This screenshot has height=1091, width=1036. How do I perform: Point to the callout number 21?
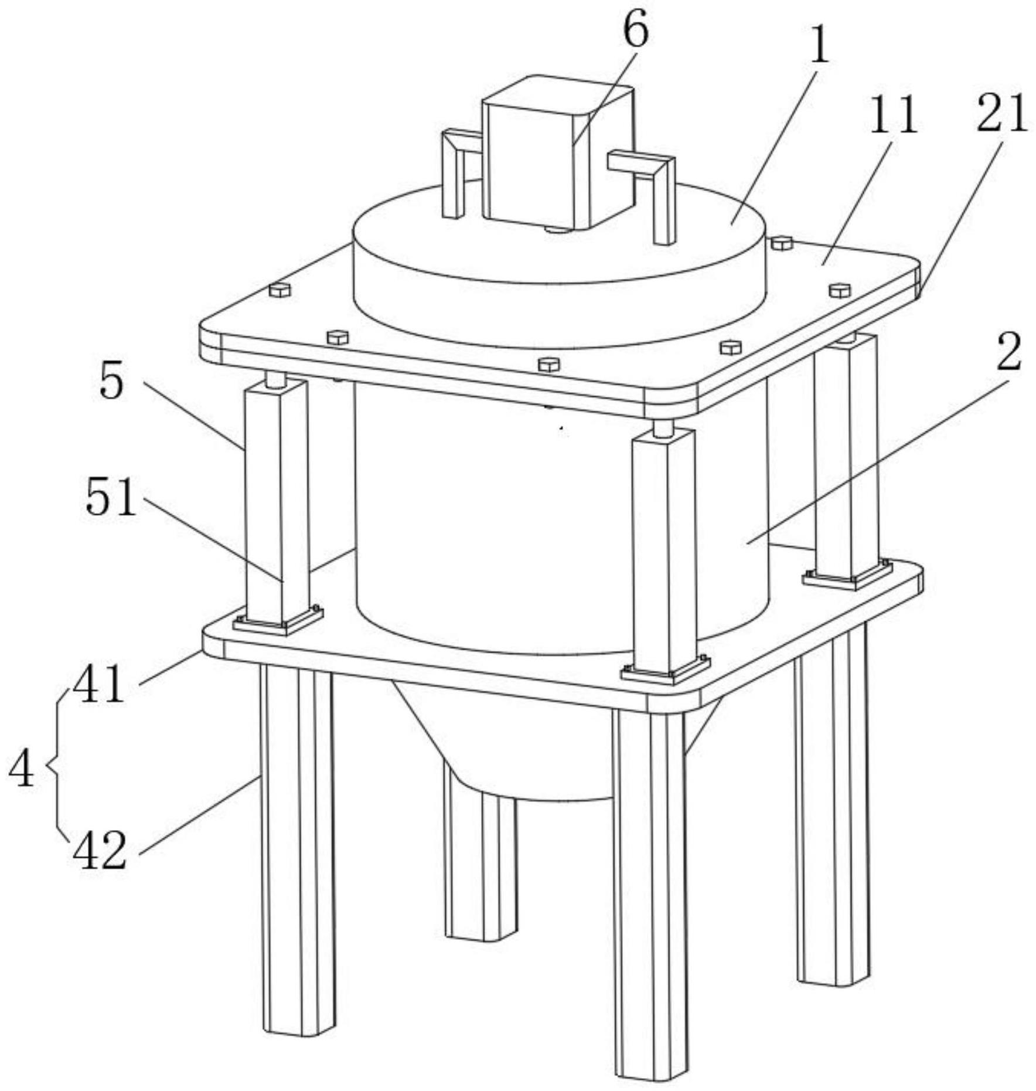pyautogui.click(x=1001, y=113)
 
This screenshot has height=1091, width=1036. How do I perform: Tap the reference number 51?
pyautogui.click(x=111, y=496)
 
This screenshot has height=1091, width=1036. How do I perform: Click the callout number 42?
pyautogui.click(x=100, y=849)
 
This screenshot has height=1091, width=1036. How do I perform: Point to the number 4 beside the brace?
pyautogui.click(x=22, y=769)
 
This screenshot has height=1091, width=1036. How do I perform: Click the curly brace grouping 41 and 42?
pyautogui.click(x=56, y=766)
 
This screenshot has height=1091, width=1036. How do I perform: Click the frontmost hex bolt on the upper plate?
pyautogui.click(x=548, y=364)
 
